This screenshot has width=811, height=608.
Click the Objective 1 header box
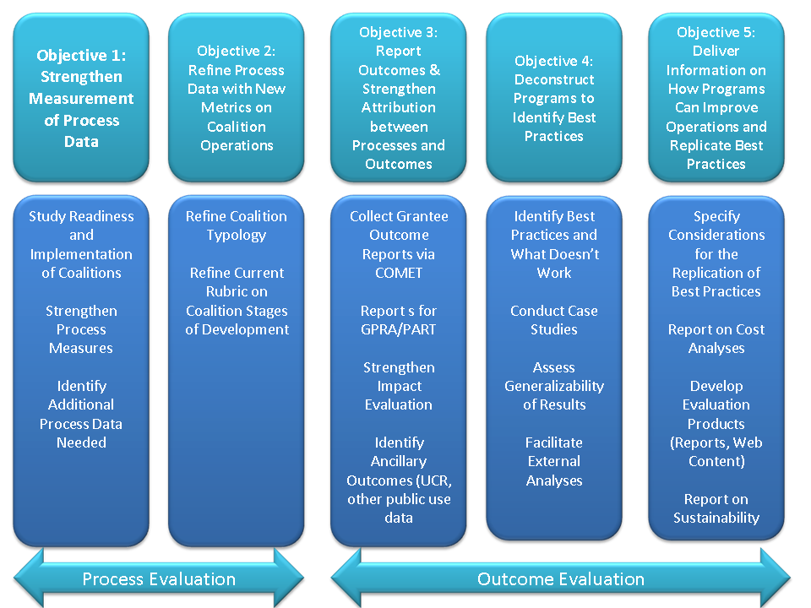[81, 98]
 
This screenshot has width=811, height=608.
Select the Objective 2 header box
[237, 98]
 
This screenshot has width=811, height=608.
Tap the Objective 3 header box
[399, 98]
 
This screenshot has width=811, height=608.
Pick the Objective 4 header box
[554, 98]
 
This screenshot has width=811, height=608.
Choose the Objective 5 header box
[716, 98]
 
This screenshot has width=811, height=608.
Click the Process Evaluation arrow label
[159, 578]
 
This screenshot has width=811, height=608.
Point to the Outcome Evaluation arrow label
[561, 578]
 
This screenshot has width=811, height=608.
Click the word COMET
[399, 273]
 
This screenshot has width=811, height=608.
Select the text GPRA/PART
[399, 329]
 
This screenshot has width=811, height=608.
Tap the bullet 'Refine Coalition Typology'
[237, 225]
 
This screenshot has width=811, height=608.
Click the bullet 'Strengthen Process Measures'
[81, 329]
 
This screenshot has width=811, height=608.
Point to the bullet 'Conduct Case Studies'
[554, 320]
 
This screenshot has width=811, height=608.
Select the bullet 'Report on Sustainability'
[716, 508]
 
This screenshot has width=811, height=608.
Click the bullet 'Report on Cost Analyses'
[716, 339]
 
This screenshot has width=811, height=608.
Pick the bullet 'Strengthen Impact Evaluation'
[399, 386]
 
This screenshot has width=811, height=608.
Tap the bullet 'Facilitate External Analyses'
[554, 461]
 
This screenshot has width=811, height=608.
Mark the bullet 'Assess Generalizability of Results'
[554, 386]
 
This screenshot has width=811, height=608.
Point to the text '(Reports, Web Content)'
[716, 452]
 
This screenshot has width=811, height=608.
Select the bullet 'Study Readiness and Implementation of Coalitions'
[81, 244]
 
